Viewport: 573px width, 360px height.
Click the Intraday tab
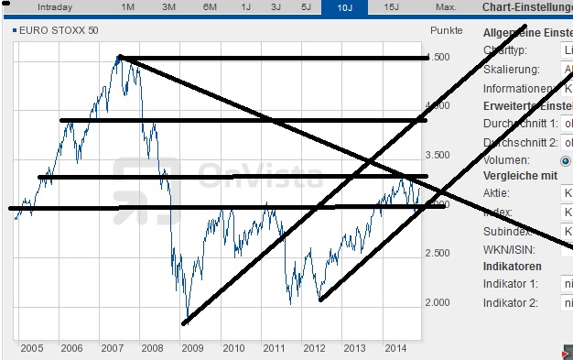54,6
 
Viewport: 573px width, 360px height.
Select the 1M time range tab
128,6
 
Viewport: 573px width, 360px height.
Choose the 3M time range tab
168,6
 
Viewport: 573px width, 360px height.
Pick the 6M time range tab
210,6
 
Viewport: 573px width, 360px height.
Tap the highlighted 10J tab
344,7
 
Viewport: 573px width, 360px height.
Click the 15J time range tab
391,6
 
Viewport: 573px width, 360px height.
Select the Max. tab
446,6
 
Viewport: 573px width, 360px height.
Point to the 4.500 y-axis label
441,57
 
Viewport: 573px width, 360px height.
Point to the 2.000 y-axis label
441,302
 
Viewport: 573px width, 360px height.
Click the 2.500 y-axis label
441,253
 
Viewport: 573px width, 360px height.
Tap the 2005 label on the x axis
31,348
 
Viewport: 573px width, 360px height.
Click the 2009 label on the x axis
193,348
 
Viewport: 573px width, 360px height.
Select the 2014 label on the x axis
396,348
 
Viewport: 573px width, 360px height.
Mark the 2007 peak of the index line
120,57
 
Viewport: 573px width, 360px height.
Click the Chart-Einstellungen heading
526,7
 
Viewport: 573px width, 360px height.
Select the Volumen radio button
565,160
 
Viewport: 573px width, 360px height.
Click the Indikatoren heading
514,266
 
